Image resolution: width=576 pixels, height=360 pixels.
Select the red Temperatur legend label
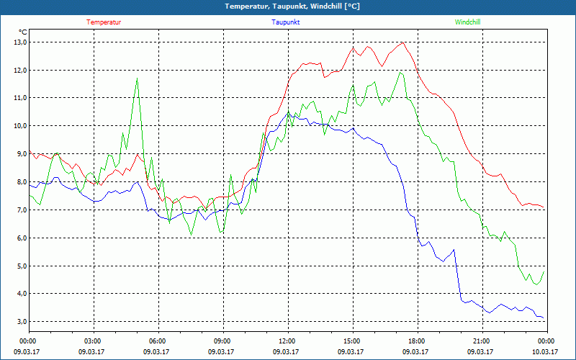(104, 22)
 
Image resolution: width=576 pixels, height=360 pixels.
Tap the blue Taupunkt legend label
(286, 22)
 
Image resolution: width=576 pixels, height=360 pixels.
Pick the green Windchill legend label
(467, 22)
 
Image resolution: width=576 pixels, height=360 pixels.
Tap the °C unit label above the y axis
(23, 32)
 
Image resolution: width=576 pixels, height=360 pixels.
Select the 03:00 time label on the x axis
(93, 341)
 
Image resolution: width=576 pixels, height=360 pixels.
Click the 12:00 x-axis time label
(287, 341)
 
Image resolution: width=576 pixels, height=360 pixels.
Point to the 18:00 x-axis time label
(416, 341)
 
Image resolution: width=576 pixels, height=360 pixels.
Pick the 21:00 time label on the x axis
(481, 341)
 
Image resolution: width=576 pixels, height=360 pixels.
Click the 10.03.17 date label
(545, 351)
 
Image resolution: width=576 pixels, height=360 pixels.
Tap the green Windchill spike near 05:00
(137, 78)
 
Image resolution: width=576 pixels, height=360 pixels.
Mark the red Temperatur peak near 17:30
(403, 42)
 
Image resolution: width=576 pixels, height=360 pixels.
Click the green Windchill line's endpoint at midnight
(544, 271)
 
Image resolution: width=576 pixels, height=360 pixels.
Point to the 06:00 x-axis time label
(158, 341)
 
